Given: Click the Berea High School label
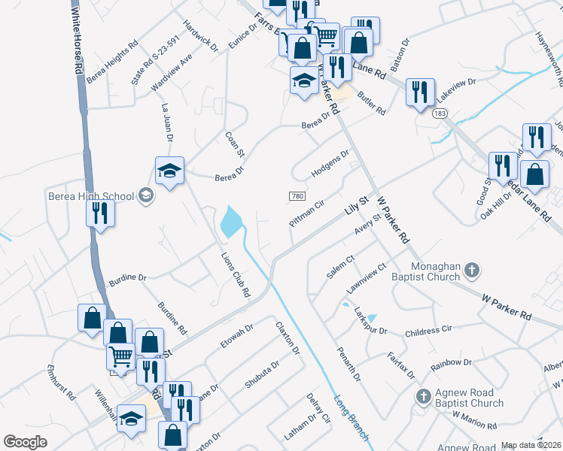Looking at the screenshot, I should [x=99, y=197].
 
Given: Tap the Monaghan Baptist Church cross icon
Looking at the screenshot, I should [x=472, y=268].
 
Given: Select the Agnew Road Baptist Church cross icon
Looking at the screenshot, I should [x=424, y=395].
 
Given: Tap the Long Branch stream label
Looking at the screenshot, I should [x=351, y=418].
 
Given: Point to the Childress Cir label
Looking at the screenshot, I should [x=428, y=330].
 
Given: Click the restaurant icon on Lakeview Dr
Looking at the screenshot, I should [x=418, y=91].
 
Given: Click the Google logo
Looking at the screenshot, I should [x=25, y=441].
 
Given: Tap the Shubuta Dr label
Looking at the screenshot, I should [x=262, y=374].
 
